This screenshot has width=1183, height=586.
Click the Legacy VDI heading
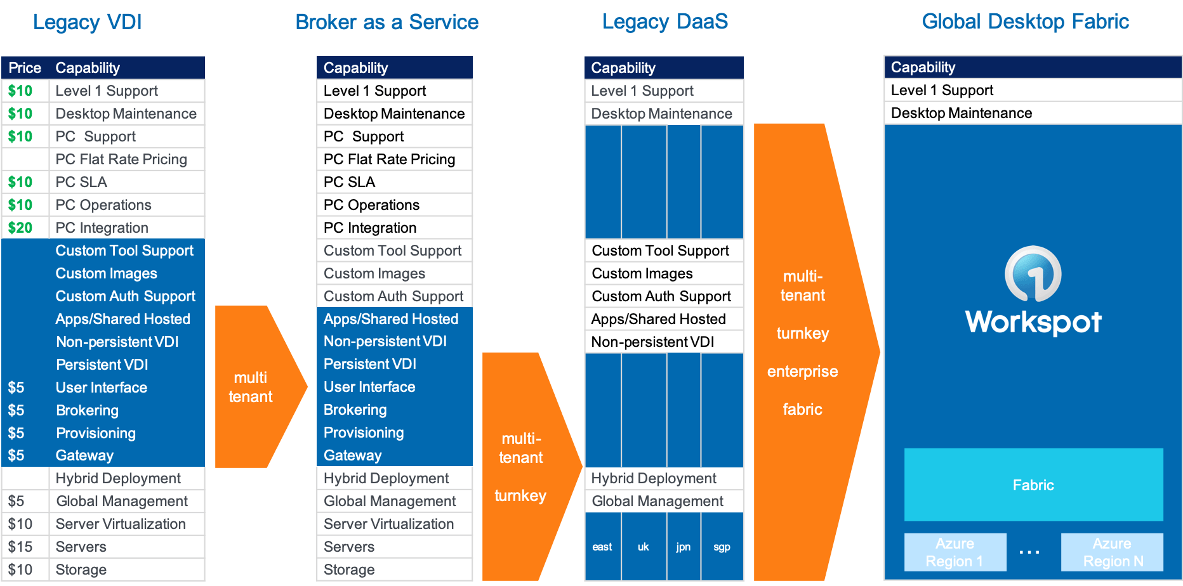coord(88,22)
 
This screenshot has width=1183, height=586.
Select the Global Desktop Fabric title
coord(1025,22)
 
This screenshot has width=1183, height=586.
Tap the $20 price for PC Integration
coord(20,228)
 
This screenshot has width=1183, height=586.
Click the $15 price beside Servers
coord(20,547)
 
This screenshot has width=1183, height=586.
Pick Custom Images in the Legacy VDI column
coord(107,273)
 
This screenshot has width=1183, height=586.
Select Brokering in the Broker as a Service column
coord(355,410)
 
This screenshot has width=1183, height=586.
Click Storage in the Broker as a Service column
coord(349,570)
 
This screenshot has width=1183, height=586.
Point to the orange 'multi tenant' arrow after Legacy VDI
coord(254,387)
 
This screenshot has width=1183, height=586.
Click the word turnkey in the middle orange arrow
coord(520,495)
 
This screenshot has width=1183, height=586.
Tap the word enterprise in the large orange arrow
coord(802,371)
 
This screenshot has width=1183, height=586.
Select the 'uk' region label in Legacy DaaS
coord(643,547)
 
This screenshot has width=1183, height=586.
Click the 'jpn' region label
coord(683,547)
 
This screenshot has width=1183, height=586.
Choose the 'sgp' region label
coord(722,547)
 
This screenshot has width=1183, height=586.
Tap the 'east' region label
coord(602,547)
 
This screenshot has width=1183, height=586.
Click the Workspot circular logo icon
coord(1033,274)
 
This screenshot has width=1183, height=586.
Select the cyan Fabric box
coord(1033,485)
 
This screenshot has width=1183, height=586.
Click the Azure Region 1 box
coord(955,552)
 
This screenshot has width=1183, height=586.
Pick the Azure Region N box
coord(1112,552)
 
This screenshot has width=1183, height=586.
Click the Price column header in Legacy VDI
coord(25,68)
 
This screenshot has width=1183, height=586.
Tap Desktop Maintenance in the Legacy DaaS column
coord(661,114)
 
